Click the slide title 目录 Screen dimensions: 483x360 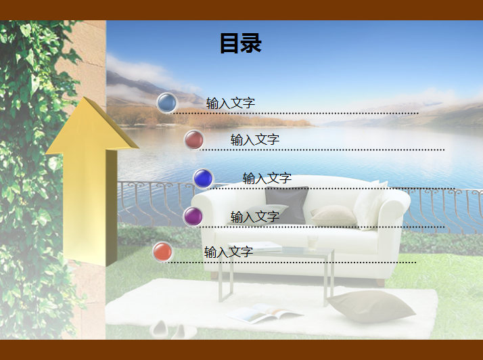coord(241,43)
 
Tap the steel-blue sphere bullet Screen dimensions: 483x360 coord(167,103)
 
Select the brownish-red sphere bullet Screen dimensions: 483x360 coord(194,139)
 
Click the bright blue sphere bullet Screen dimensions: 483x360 coord(204,179)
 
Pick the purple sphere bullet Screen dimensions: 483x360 coord(193,217)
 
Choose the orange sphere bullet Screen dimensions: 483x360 coord(163,252)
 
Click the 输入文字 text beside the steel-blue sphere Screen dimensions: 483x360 coord(231,104)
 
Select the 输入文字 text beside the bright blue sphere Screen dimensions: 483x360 coord(267,179)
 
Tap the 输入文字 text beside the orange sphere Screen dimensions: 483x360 coord(229,252)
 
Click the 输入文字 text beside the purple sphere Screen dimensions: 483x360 coord(255,217)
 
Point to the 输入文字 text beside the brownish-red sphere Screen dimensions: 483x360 coord(255,140)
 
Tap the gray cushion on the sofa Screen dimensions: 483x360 coord(286,205)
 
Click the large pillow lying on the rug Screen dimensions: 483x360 coord(371,306)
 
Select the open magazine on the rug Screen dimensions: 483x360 coord(264,313)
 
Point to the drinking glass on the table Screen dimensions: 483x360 coord(313,243)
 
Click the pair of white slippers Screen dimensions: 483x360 coord(173,330)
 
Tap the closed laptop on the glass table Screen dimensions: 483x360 coord(255,246)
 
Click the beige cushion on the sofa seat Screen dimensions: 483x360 coord(333,215)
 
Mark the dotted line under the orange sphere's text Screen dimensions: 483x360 coord(290,263)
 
